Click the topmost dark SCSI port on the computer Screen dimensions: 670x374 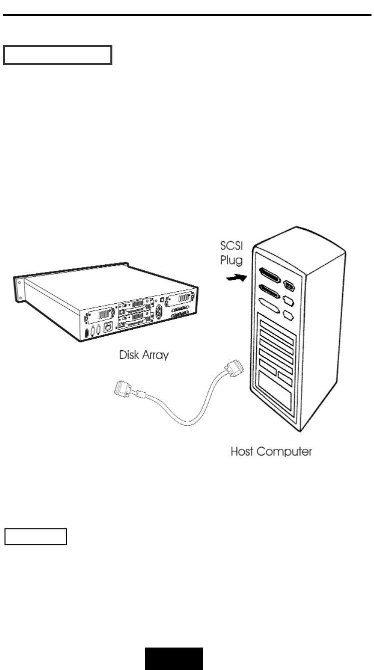(270, 273)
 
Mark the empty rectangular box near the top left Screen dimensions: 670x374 (57, 55)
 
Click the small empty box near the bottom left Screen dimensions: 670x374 (35, 537)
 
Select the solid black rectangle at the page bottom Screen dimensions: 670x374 (174, 655)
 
